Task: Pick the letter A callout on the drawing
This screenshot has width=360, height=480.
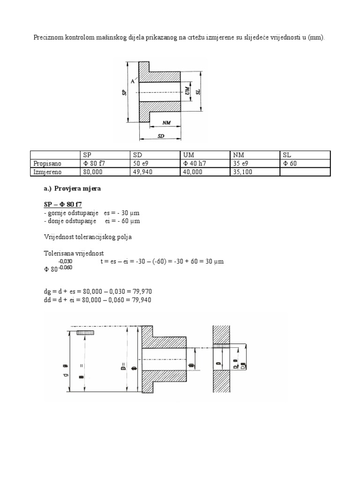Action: (x=133, y=81)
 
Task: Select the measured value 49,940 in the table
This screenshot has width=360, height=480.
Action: (x=144, y=172)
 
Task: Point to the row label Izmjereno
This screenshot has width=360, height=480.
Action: (x=47, y=172)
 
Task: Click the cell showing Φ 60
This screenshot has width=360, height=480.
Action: (x=289, y=164)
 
